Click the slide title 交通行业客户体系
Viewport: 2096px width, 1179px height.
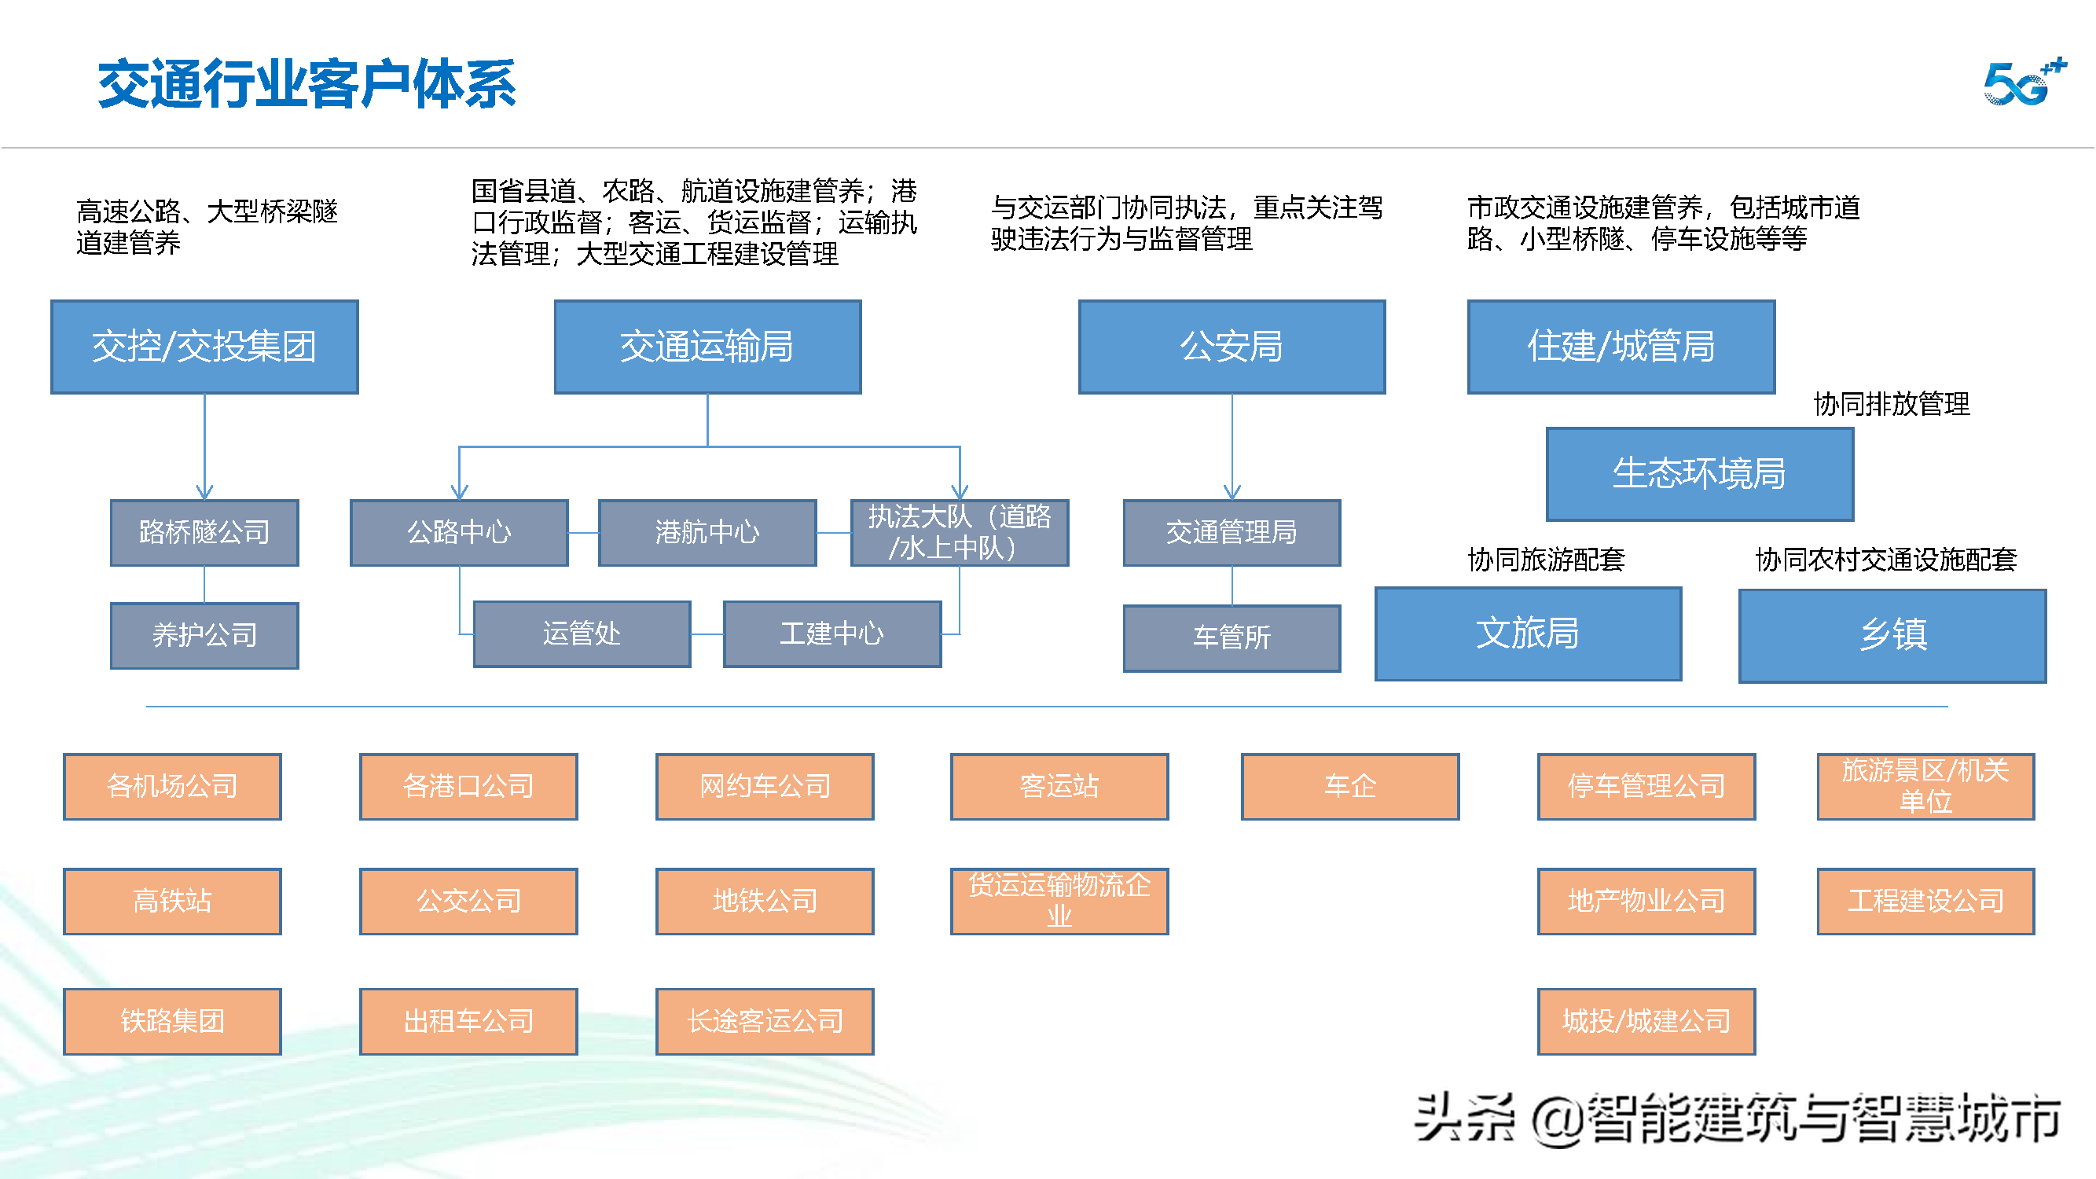pyautogui.click(x=307, y=84)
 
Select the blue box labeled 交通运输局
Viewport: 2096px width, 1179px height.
pyautogui.click(x=707, y=347)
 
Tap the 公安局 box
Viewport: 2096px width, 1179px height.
pyautogui.click(x=1231, y=347)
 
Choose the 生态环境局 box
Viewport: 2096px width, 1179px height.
pyautogui.click(x=1699, y=473)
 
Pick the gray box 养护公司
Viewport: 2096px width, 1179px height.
pyautogui.click(x=204, y=635)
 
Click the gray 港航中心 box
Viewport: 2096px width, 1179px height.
pyautogui.click(x=707, y=532)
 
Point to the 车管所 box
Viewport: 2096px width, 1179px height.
pyautogui.click(x=1231, y=638)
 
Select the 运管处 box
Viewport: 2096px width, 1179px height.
pyautogui.click(x=582, y=634)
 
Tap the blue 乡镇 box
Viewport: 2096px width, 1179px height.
pyautogui.click(x=1892, y=635)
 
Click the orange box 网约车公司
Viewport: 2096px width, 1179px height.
pyautogui.click(x=764, y=786)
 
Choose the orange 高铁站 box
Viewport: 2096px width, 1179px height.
pyautogui.click(x=172, y=901)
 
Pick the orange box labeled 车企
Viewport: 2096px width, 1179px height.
pyautogui.click(x=1349, y=786)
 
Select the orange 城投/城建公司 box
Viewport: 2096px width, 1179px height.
pyautogui.click(x=1645, y=1021)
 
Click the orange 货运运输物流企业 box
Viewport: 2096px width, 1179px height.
pyautogui.click(x=1059, y=901)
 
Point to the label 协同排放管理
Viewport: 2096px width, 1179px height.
pyautogui.click(x=1891, y=404)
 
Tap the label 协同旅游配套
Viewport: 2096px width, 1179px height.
pyautogui.click(x=1545, y=560)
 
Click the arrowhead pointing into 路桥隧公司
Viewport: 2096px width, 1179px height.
pyautogui.click(x=204, y=492)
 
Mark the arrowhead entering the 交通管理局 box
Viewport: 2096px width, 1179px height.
pyautogui.click(x=1232, y=492)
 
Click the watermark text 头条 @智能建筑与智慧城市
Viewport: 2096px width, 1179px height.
pyautogui.click(x=1737, y=1119)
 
